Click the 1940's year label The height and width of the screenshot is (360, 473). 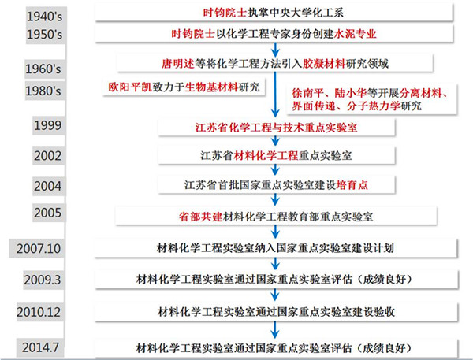(44, 17)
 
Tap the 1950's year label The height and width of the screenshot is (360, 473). (44, 35)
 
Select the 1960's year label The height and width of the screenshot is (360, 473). (43, 69)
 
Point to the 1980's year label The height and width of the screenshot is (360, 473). (43, 91)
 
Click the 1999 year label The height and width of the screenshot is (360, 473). (47, 125)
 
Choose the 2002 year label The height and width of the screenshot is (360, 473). (47, 155)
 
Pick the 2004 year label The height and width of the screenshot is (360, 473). (47, 186)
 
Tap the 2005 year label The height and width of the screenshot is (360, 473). (47, 213)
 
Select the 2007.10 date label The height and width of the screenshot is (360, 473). (39, 248)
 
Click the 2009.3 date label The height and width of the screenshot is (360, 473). (43, 280)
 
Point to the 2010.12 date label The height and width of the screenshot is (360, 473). (39, 312)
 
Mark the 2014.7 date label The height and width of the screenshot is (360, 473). (40, 347)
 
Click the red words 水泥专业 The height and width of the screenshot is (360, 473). (355, 34)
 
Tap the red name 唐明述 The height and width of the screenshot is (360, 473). (178, 64)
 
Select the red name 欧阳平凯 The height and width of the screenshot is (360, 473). (130, 87)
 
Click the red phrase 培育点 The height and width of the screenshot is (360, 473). (352, 185)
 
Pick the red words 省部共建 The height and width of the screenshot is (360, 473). (200, 217)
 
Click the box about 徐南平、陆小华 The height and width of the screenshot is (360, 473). (371, 99)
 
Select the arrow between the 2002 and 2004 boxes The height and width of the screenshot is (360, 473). (275, 169)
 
